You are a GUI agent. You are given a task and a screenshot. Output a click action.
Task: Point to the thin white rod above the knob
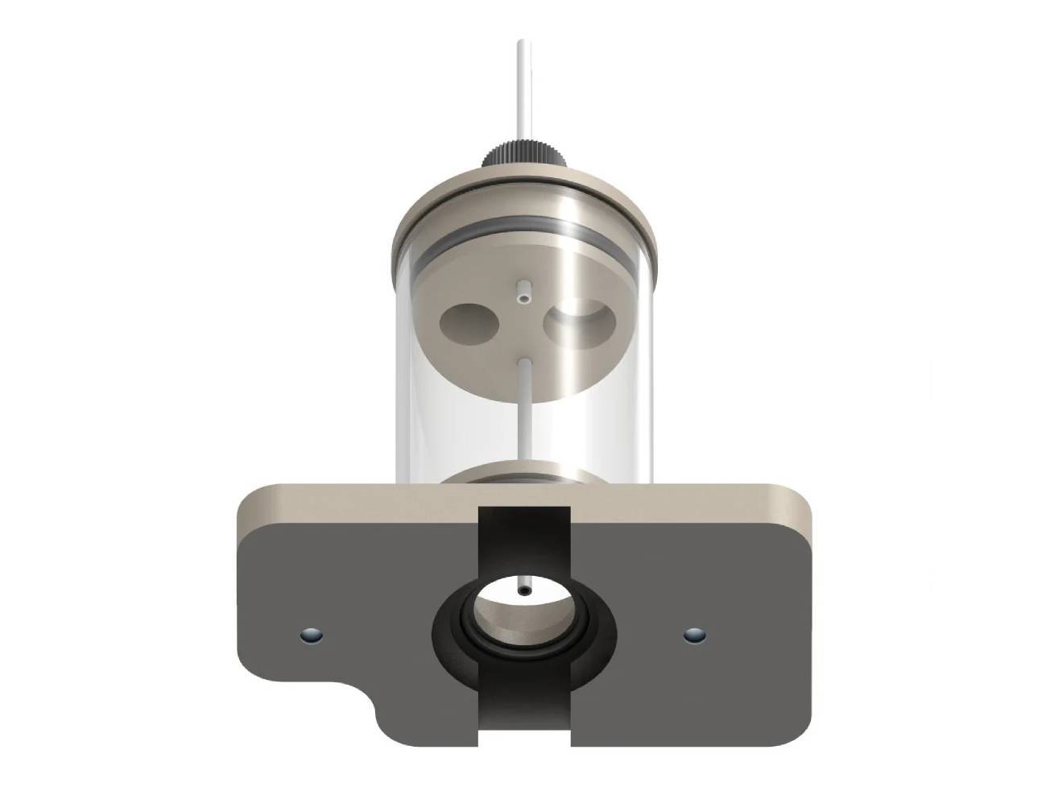[524, 89]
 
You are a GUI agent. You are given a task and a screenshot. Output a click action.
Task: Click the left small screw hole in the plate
[310, 636]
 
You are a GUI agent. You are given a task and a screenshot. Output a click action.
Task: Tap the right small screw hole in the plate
[694, 636]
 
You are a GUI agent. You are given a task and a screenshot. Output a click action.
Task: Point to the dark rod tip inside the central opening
[525, 592]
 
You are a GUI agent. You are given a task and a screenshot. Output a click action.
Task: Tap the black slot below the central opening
[525, 709]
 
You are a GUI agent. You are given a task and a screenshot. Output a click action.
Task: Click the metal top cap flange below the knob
[523, 193]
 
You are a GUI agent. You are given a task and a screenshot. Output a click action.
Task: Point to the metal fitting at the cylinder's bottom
[523, 474]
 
